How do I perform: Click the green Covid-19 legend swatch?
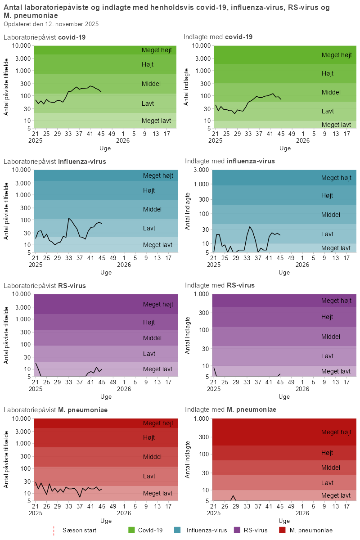click(132, 530)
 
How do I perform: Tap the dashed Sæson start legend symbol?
click(54, 530)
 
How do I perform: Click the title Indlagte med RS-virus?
click(220, 285)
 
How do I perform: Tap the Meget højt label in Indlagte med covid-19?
click(336, 55)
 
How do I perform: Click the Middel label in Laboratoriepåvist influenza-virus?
click(152, 209)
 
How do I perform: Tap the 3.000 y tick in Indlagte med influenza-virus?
click(200, 170)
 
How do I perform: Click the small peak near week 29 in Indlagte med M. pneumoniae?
click(233, 495)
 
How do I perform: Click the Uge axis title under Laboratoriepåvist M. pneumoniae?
click(106, 521)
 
